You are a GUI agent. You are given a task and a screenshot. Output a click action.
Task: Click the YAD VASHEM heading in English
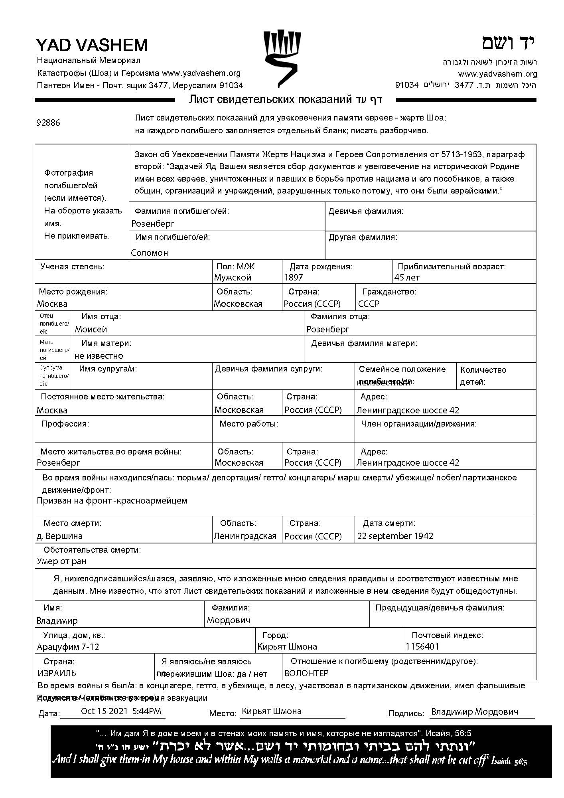pyautogui.click(x=92, y=45)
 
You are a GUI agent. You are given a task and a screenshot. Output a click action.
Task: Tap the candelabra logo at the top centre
pyautogui.click(x=282, y=58)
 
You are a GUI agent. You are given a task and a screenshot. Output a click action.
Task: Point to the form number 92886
pyautogui.click(x=48, y=122)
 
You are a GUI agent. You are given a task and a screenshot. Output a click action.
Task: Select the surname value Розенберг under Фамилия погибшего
pyautogui.click(x=153, y=223)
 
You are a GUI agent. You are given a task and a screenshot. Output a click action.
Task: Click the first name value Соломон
pyautogui.click(x=150, y=253)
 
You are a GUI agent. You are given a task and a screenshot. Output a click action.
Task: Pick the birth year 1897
pyautogui.click(x=294, y=277)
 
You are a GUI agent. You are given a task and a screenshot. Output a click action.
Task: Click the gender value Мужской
pyautogui.click(x=233, y=277)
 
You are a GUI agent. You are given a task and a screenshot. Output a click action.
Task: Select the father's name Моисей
pyautogui.click(x=91, y=329)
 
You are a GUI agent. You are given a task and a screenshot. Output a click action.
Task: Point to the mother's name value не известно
pyautogui.click(x=99, y=356)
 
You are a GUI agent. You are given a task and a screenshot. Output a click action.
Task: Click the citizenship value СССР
pyautogui.click(x=369, y=304)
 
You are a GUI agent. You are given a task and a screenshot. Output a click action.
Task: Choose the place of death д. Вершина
pyautogui.click(x=60, y=536)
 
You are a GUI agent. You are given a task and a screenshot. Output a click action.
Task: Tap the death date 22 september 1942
pyautogui.click(x=395, y=536)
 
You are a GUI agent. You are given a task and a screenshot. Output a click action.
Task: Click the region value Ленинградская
pyautogui.click(x=245, y=536)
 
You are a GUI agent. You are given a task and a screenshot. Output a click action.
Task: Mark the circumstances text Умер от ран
pyautogui.click(x=61, y=561)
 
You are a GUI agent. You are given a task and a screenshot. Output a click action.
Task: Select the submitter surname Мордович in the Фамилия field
pyautogui.click(x=229, y=620)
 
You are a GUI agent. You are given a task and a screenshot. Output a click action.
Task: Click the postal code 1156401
pyautogui.click(x=422, y=646)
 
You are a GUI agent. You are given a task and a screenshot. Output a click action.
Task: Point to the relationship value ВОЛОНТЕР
pyautogui.click(x=306, y=673)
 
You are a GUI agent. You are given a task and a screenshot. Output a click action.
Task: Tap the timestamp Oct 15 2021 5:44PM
pyautogui.click(x=121, y=711)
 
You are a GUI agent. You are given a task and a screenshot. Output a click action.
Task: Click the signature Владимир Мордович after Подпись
pyautogui.click(x=475, y=711)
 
